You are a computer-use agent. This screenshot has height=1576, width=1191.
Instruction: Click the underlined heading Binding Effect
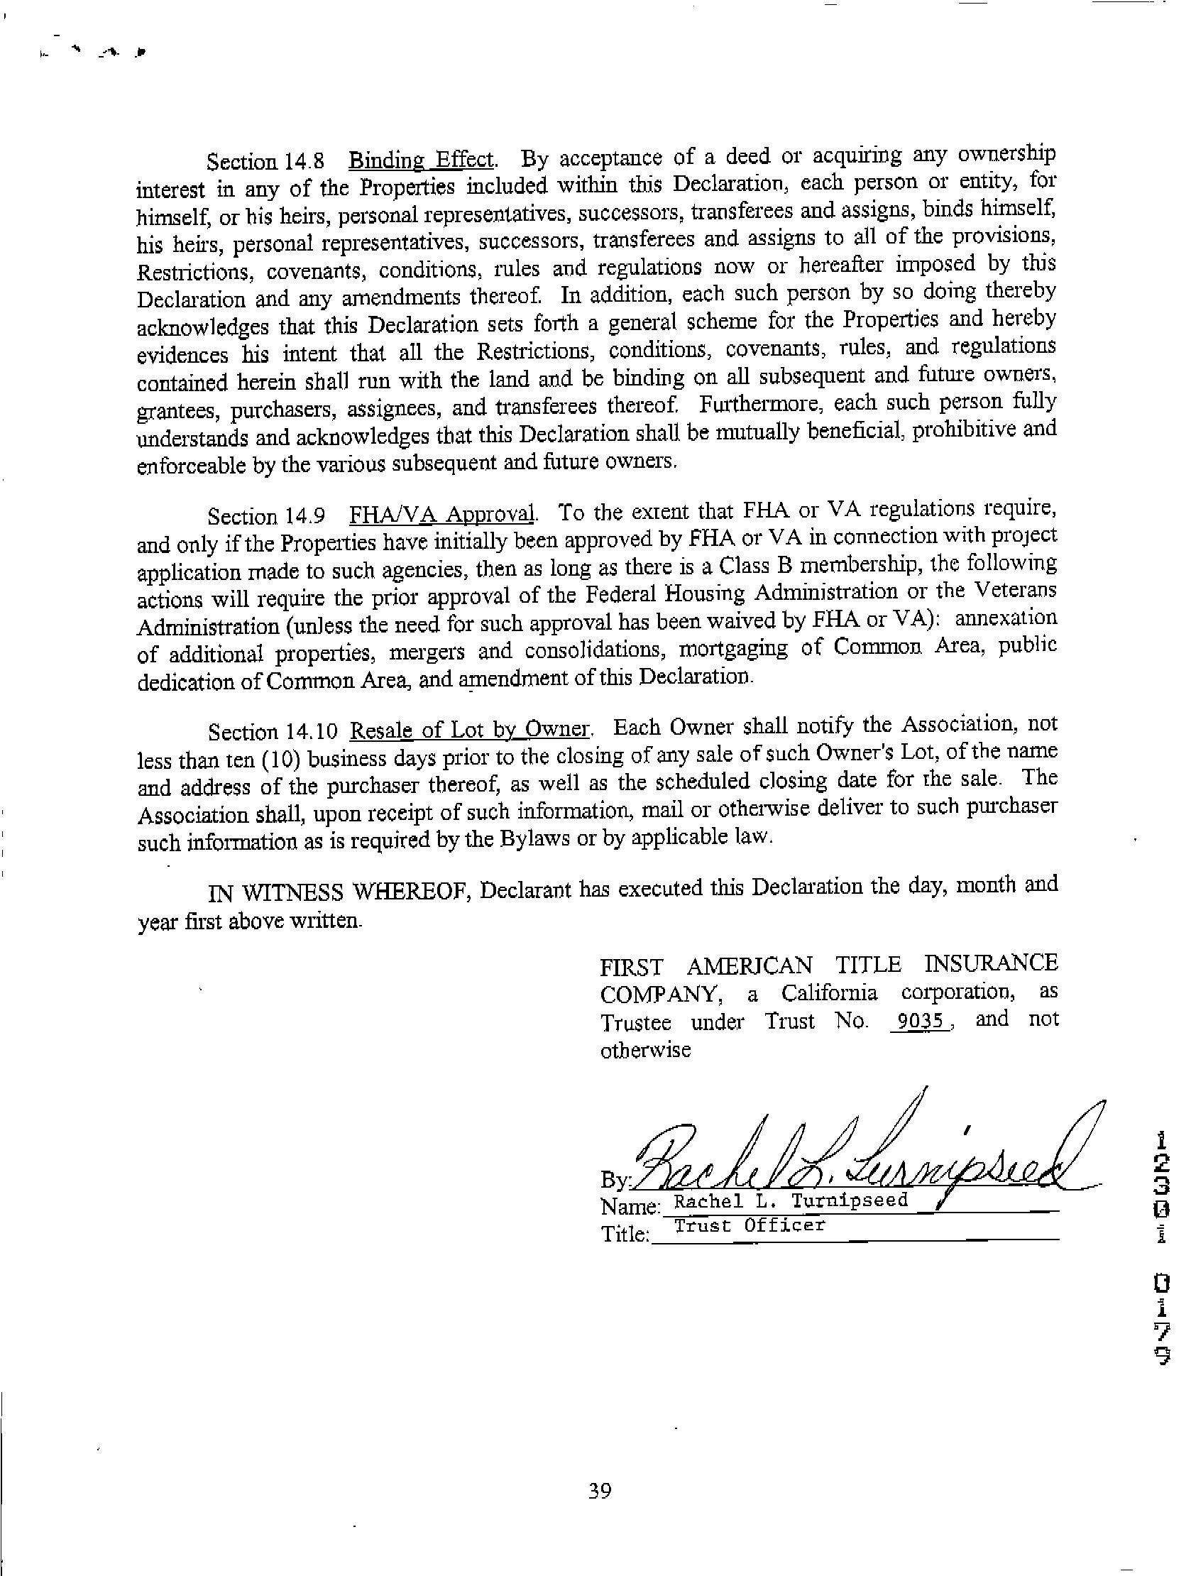[421, 159]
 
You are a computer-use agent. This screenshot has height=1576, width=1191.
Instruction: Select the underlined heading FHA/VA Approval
[442, 513]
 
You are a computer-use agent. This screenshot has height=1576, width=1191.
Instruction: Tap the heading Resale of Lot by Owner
[471, 730]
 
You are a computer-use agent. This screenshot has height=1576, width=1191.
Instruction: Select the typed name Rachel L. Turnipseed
[791, 1200]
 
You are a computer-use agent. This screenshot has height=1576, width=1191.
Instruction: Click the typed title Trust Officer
[750, 1225]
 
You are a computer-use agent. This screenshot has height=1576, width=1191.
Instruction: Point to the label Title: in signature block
[625, 1234]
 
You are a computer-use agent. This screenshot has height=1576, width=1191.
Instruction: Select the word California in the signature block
[829, 993]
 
